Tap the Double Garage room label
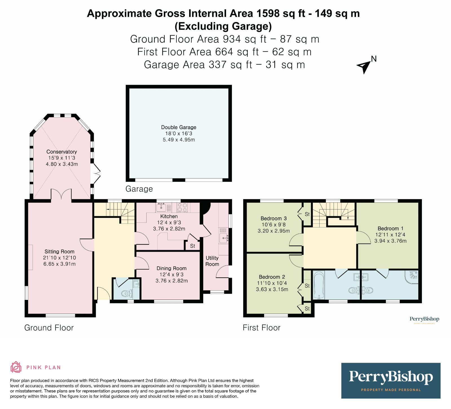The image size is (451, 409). click(x=179, y=127)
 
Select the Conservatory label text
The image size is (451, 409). click(x=62, y=152)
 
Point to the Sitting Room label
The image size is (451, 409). click(x=59, y=251)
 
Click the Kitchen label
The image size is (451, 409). click(x=169, y=216)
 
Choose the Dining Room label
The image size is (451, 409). click(x=172, y=268)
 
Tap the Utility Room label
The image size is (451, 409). click(x=212, y=261)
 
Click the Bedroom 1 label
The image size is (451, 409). click(x=390, y=228)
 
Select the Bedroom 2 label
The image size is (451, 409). click(x=272, y=277)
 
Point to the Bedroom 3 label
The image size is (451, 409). click(x=274, y=218)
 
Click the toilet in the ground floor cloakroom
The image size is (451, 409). click(x=127, y=294)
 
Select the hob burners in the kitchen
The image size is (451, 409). click(x=182, y=208)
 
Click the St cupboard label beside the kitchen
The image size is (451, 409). click(x=193, y=246)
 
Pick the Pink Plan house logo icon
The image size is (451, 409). click(x=16, y=367)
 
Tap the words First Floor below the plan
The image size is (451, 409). click(x=262, y=328)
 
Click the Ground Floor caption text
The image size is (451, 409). click(x=49, y=328)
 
